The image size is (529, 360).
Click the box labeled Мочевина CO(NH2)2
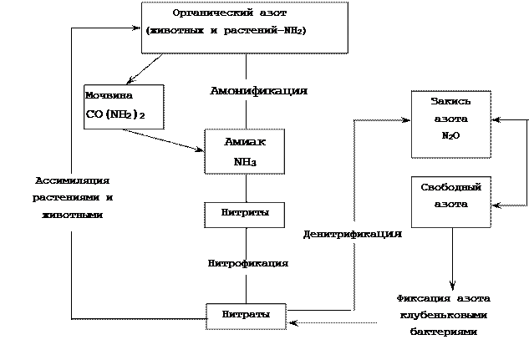[124, 107]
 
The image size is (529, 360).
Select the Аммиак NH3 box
[245, 151]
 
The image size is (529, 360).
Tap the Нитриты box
[245, 215]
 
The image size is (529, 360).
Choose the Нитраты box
[247, 317]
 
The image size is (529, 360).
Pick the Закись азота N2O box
[451, 124]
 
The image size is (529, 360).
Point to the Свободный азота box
[451, 202]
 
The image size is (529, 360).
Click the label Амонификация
[259, 91]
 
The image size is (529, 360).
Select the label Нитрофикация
[248, 263]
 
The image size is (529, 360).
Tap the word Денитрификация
[353, 234]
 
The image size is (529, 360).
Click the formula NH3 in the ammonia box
[245, 162]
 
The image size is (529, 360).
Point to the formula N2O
[450, 135]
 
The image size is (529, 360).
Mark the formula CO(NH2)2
[115, 114]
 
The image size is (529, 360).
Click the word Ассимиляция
[72, 180]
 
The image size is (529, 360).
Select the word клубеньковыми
[444, 316]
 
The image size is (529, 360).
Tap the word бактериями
[444, 332]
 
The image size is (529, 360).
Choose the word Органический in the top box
[213, 13]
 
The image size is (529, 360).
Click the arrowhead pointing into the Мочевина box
[130, 81]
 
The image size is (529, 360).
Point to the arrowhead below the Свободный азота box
[452, 285]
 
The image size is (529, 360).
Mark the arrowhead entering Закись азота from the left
[405, 119]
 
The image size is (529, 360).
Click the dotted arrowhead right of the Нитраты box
[292, 323]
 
